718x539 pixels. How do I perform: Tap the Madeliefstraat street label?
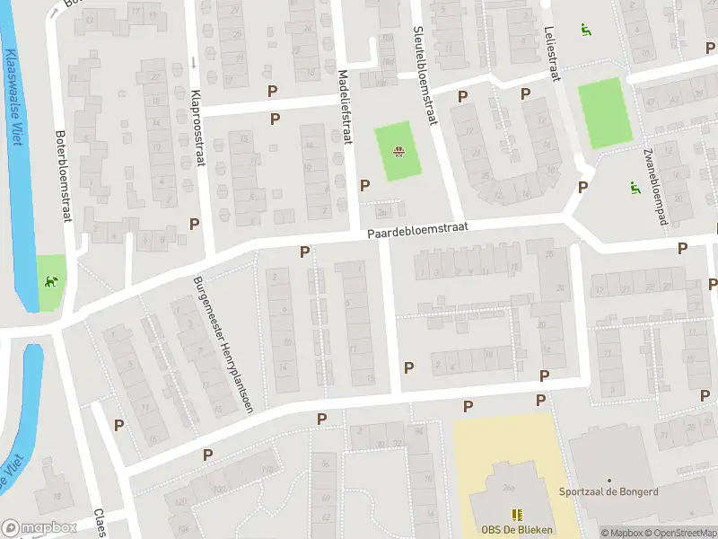[x=344, y=107]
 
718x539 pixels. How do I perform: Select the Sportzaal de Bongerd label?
[x=609, y=492]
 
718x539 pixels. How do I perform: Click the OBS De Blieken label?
[x=517, y=529]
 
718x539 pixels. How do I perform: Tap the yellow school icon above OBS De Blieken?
[x=517, y=515]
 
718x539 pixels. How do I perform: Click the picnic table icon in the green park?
[x=398, y=151]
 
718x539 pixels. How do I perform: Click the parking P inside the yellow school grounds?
[x=468, y=407]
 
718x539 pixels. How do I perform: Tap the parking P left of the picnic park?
[x=364, y=185]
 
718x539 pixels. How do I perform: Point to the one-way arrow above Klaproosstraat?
[x=192, y=63]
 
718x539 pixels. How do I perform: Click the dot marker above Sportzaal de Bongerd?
[x=609, y=481]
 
